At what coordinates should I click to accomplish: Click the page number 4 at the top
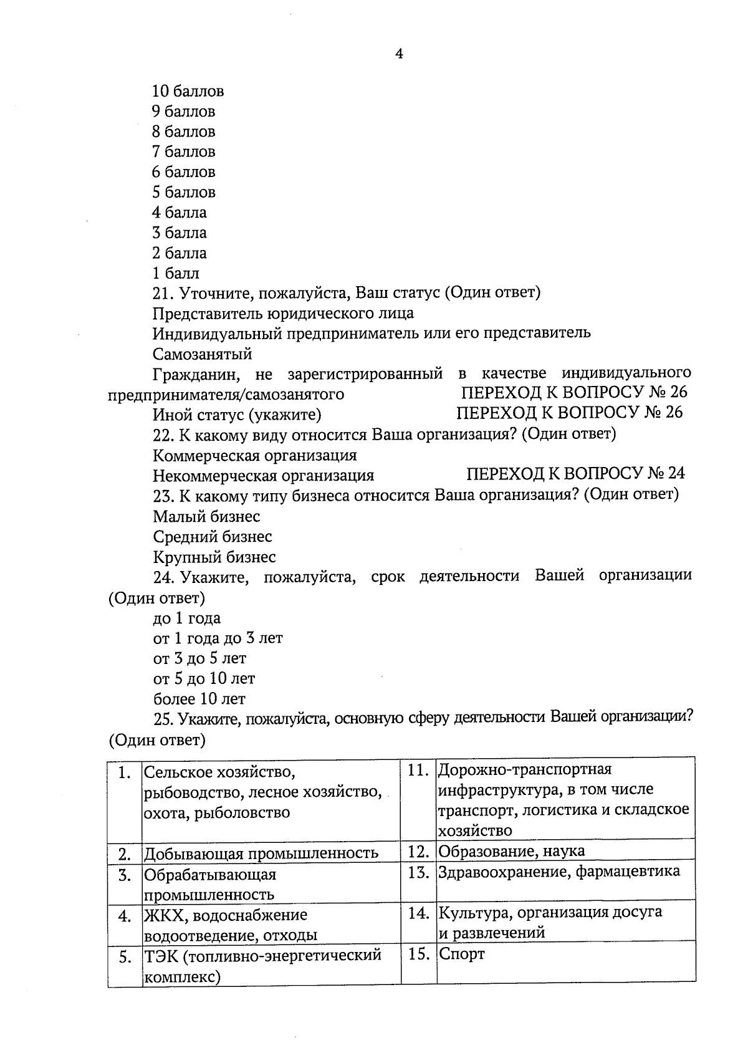(400, 54)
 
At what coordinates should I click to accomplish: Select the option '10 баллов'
(188, 92)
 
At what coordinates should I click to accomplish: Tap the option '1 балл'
(176, 273)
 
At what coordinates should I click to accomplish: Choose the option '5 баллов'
(184, 192)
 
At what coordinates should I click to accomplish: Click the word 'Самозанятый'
(203, 354)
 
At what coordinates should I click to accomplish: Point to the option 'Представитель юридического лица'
(283, 313)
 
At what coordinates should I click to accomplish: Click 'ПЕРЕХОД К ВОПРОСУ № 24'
(575, 474)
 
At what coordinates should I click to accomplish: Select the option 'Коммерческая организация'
(255, 455)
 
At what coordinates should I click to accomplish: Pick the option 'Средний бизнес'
(213, 537)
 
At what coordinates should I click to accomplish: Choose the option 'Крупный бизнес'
(214, 557)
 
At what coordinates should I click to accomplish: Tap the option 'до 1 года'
(187, 618)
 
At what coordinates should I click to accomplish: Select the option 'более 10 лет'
(199, 699)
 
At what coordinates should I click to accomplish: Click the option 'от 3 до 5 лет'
(199, 658)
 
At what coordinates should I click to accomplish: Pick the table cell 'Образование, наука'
(512, 851)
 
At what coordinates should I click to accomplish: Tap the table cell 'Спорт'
(462, 954)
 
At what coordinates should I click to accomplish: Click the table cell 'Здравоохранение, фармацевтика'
(559, 872)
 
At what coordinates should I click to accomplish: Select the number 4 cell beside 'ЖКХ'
(125, 916)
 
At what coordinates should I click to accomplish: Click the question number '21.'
(165, 293)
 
